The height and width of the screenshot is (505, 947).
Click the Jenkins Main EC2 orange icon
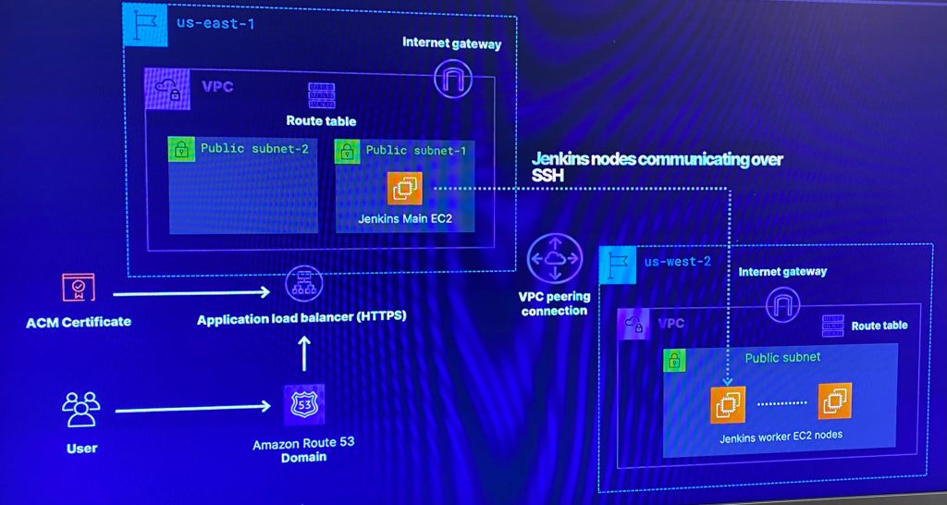pos(404,189)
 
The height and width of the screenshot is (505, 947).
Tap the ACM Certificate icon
pos(78,289)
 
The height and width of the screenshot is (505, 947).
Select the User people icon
pos(80,408)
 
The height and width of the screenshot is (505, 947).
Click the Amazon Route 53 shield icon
pos(302,405)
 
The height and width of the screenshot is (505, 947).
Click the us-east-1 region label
pos(215,23)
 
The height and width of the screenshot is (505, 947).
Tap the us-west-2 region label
pos(678,262)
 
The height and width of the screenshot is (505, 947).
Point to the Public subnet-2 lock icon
pos(181,150)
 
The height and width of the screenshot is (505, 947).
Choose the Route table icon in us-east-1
pos(321,95)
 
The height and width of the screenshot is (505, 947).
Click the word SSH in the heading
pos(547,177)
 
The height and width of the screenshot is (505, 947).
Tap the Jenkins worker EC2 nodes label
pos(781,436)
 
